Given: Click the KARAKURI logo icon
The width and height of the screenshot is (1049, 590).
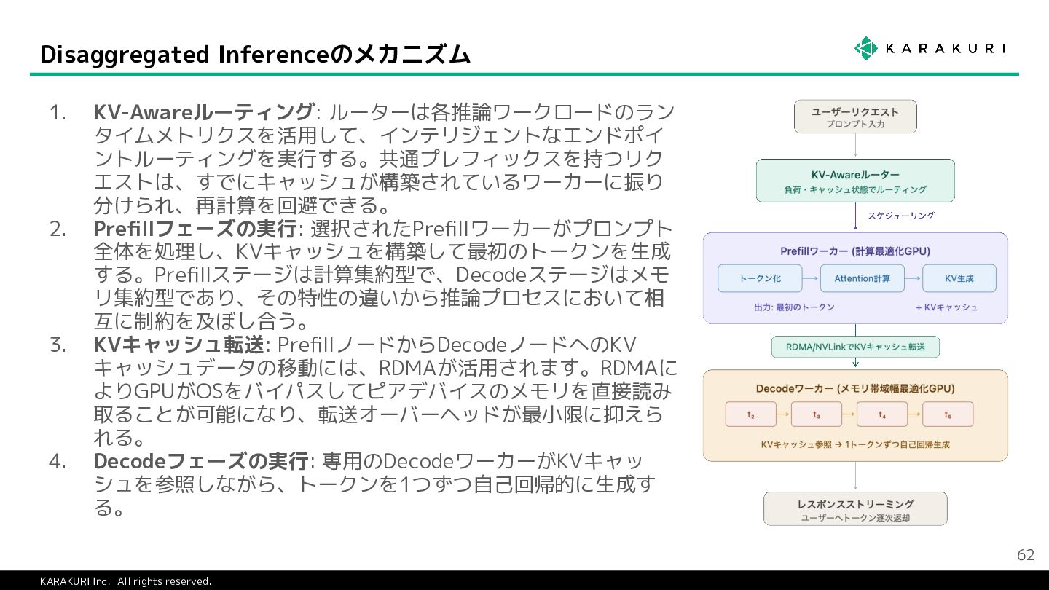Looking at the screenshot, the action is pyautogui.click(x=866, y=48).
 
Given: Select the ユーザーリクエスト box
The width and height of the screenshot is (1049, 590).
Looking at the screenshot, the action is pyautogui.click(x=855, y=117).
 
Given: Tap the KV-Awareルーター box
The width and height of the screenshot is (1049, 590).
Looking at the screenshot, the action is pyautogui.click(x=855, y=181).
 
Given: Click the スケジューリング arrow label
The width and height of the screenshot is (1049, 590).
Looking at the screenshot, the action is pyautogui.click(x=900, y=216).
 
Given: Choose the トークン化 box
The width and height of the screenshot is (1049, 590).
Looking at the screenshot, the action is pyautogui.click(x=760, y=278).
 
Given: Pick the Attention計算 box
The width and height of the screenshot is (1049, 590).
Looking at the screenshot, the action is pyautogui.click(x=863, y=278).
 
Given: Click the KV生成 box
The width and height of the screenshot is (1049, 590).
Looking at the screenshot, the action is pyautogui.click(x=959, y=278).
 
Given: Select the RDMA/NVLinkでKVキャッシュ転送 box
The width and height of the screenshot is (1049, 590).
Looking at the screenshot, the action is pyautogui.click(x=855, y=347).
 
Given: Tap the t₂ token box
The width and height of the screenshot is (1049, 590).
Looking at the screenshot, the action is pyautogui.click(x=751, y=414).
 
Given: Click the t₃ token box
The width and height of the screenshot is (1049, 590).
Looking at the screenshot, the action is pyautogui.click(x=817, y=414).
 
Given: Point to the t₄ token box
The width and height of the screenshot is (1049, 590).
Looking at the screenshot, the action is pyautogui.click(x=882, y=414).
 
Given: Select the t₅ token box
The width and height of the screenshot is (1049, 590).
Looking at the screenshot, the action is pyautogui.click(x=948, y=414).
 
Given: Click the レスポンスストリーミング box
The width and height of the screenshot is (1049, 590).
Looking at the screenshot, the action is pyautogui.click(x=855, y=508).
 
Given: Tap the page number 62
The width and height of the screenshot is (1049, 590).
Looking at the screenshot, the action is pyautogui.click(x=1025, y=555).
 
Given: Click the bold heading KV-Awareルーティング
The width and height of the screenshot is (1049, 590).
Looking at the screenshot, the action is pyautogui.click(x=203, y=113).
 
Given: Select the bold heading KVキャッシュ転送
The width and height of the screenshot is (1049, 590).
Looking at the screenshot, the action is pyautogui.click(x=178, y=345).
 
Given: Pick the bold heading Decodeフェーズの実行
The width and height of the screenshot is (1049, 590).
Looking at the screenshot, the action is pyautogui.click(x=200, y=461).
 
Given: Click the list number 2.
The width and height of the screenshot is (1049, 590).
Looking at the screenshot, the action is pyautogui.click(x=58, y=229).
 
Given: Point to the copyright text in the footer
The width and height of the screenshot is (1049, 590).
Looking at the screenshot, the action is pyautogui.click(x=125, y=581).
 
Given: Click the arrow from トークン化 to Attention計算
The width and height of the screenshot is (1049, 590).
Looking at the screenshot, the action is pyautogui.click(x=811, y=278).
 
